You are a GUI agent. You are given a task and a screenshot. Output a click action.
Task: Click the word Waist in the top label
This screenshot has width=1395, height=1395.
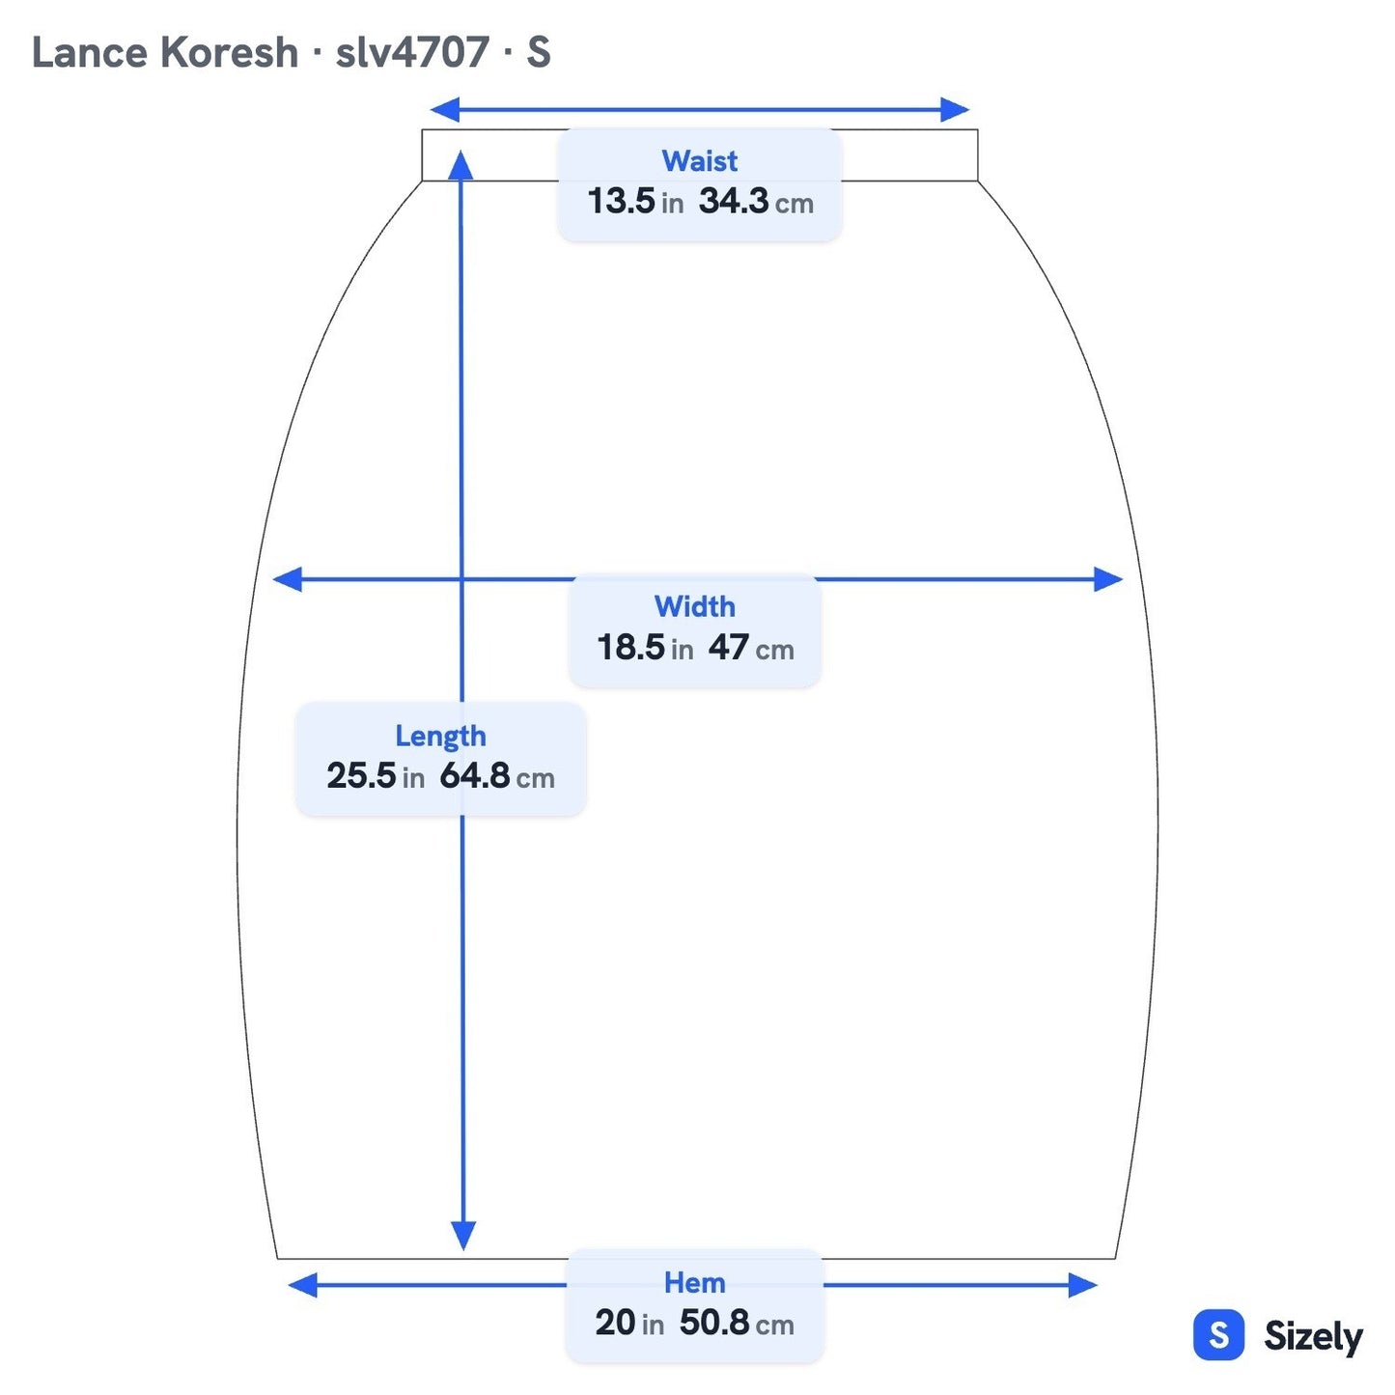pos(699,160)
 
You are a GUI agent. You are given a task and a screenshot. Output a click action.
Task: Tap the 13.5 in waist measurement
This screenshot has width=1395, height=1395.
pos(635,201)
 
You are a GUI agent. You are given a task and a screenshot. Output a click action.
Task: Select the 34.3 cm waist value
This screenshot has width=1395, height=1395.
pos(756,201)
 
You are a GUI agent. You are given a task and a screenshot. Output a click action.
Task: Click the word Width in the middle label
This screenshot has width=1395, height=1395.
pos(694,606)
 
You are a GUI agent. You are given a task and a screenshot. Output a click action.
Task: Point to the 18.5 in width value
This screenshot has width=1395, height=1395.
pos(644,647)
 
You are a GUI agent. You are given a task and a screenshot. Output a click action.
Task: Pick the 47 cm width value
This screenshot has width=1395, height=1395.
pos(751,647)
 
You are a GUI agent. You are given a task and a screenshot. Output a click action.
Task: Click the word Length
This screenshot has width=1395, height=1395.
pos(440,737)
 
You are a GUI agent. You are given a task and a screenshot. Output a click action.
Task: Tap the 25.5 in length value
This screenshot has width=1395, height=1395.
pos(375,776)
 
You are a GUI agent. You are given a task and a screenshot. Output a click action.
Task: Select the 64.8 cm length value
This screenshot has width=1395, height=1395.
pos(496,776)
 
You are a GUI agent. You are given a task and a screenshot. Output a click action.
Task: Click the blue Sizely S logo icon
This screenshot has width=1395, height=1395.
pos(1219,1334)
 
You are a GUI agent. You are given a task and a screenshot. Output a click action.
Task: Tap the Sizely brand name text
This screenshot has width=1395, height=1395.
pos(1313,1336)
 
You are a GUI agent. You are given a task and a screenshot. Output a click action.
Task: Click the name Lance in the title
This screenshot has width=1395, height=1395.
pos(90,53)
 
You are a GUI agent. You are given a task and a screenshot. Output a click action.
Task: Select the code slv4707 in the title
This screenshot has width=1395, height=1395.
pos(412,53)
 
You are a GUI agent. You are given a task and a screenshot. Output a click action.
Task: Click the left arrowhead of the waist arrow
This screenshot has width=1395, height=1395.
pos(444,110)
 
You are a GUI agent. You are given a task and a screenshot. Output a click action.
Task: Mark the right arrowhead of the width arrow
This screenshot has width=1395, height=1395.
pos(1108,579)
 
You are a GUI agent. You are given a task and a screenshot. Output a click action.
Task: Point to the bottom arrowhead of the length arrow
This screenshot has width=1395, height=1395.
pos(462,1236)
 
